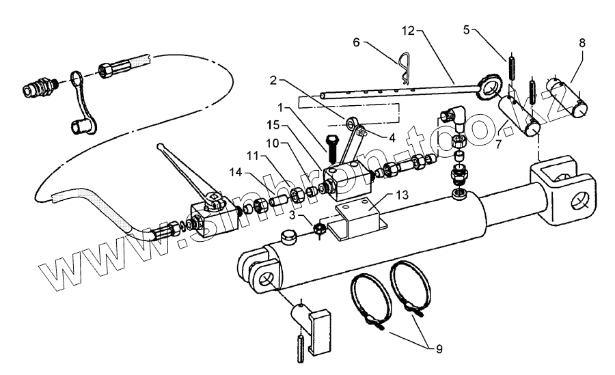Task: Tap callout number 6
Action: click(x=357, y=42)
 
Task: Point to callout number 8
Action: click(x=582, y=42)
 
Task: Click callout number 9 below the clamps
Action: click(x=438, y=349)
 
